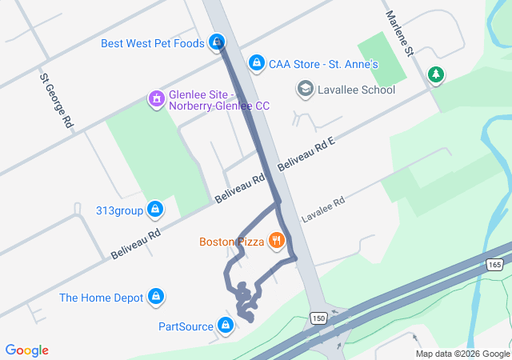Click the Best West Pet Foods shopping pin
tap(217, 42)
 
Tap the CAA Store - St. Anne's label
tap(323, 62)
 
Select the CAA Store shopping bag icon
tap(256, 62)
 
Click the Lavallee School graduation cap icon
tap(305, 89)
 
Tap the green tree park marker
tap(435, 75)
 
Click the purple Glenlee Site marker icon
tap(156, 99)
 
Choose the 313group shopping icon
tap(155, 210)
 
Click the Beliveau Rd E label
tap(306, 153)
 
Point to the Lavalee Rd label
tap(322, 210)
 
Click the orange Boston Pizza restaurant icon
tap(276, 241)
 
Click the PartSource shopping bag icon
tap(226, 326)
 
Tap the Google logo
tap(27, 350)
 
